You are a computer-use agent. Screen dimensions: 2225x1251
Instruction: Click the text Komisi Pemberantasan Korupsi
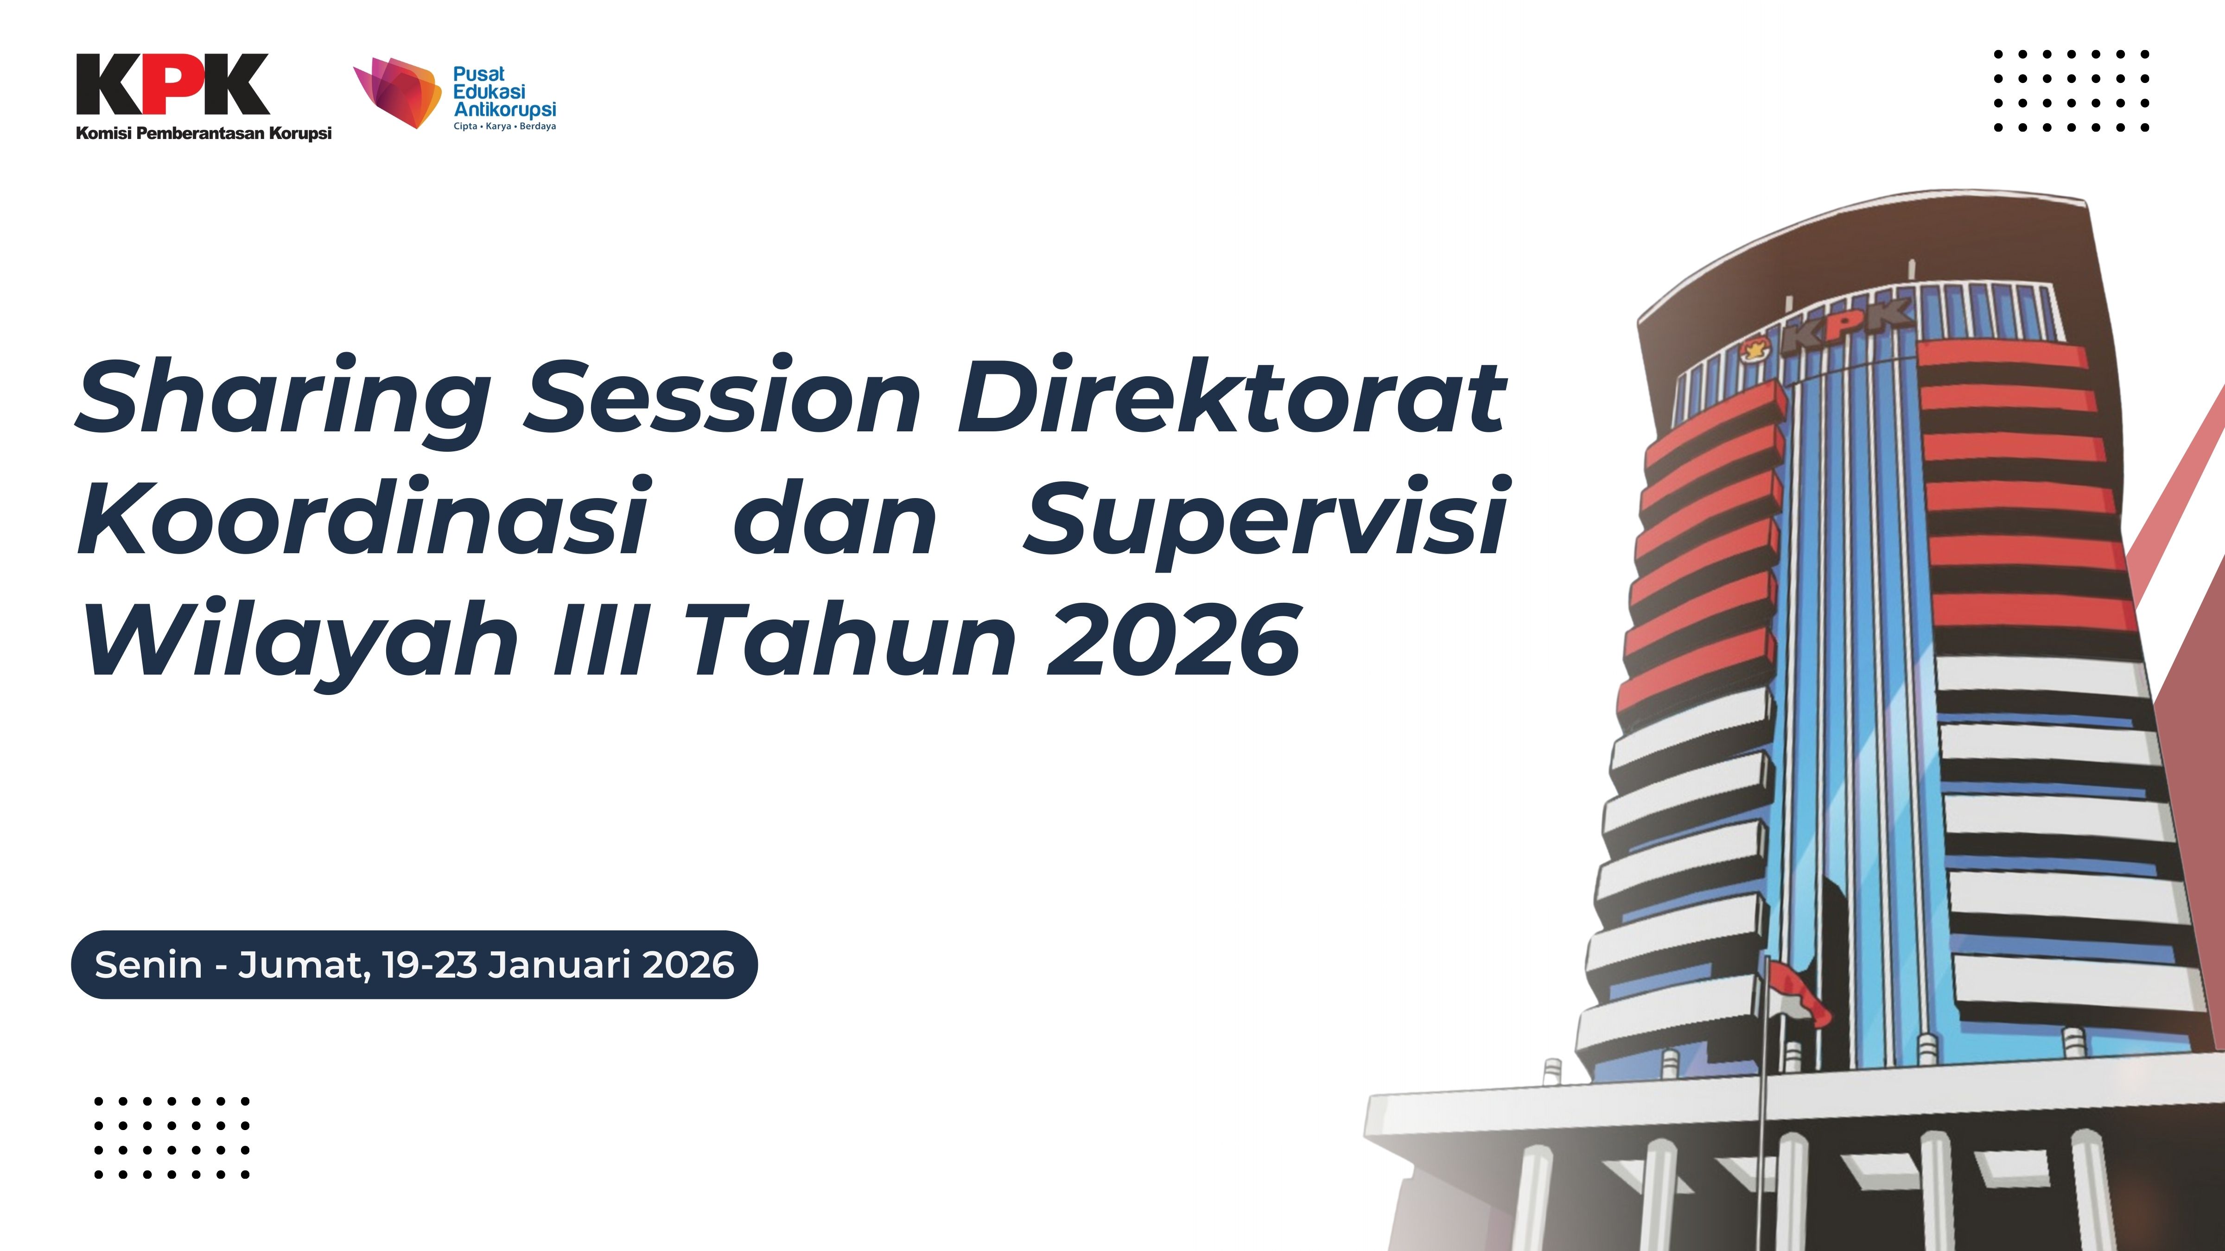pos(204,133)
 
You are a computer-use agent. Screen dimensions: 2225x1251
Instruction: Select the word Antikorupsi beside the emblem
pos(505,110)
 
